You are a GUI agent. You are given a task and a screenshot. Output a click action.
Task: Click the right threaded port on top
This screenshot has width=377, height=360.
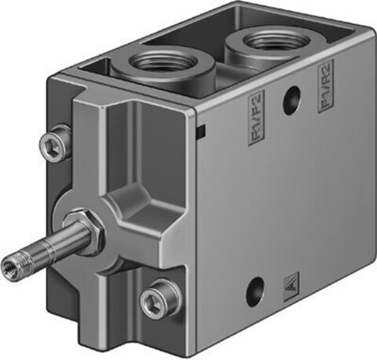(255, 43)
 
